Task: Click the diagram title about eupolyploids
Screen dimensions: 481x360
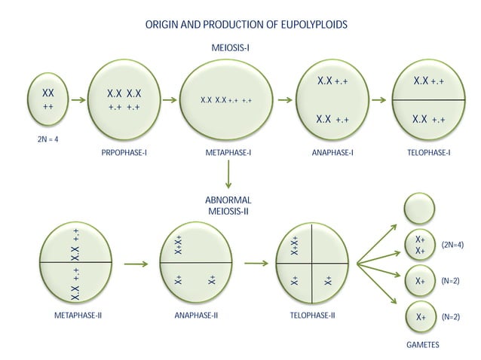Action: pyautogui.click(x=246, y=25)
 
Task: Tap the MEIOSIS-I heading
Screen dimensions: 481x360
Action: pyautogui.click(x=230, y=47)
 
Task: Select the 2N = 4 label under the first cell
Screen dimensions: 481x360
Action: pyautogui.click(x=47, y=139)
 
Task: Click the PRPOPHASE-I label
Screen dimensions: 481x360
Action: pyautogui.click(x=124, y=152)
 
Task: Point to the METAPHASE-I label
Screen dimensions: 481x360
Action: pyautogui.click(x=228, y=152)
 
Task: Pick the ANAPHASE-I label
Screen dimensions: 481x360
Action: pyautogui.click(x=332, y=152)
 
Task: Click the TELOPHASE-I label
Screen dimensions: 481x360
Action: pyautogui.click(x=429, y=152)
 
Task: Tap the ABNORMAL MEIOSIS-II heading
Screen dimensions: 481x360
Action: pyautogui.click(x=228, y=206)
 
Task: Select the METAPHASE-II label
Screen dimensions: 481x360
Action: pyautogui.click(x=78, y=316)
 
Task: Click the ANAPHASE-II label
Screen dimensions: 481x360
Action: pyautogui.click(x=196, y=316)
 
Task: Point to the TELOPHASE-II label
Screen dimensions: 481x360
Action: pyautogui.click(x=313, y=316)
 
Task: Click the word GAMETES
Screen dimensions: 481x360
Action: pyautogui.click(x=423, y=345)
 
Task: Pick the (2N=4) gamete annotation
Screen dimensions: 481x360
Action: pyautogui.click(x=452, y=245)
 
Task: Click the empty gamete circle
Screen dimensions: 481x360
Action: pyautogui.click(x=419, y=209)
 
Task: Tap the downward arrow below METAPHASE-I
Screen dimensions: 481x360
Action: pyautogui.click(x=228, y=174)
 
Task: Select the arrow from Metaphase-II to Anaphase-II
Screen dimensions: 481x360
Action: pyautogui.click(x=136, y=264)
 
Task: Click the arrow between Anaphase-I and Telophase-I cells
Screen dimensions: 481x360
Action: pyautogui.click(x=379, y=100)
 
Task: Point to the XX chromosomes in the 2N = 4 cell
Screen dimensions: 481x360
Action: pyautogui.click(x=48, y=93)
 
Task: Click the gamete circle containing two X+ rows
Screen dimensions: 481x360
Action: pyautogui.click(x=420, y=245)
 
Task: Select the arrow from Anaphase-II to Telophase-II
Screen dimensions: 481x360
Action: pyautogui.click(x=256, y=263)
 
